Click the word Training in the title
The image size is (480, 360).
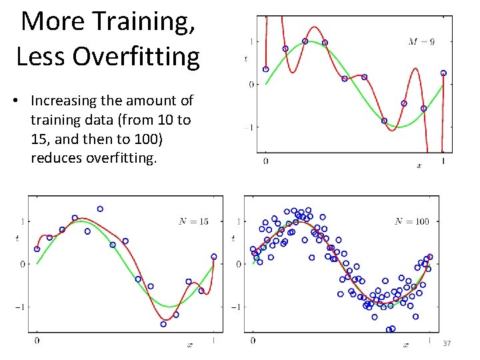click(x=137, y=21)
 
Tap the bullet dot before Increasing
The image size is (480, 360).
click(x=21, y=101)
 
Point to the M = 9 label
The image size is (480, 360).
click(x=421, y=41)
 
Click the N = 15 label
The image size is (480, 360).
click(x=193, y=221)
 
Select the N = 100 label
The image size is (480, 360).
click(x=411, y=221)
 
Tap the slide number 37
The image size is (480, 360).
click(x=447, y=343)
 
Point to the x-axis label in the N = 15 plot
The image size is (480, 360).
click(x=190, y=345)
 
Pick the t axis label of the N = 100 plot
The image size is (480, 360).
click(x=233, y=238)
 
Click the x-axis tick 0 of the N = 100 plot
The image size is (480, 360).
click(x=253, y=341)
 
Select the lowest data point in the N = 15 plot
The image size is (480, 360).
click(x=163, y=324)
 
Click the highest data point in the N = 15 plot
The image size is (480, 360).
click(x=100, y=209)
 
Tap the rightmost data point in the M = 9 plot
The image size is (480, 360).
click(x=443, y=73)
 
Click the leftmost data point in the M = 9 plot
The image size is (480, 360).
click(x=265, y=69)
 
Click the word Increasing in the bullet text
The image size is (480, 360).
click(x=63, y=101)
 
